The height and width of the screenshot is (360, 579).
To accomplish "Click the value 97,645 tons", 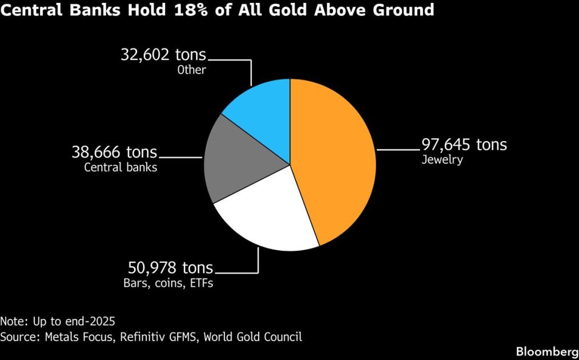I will (x=464, y=145).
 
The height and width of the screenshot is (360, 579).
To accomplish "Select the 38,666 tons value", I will (x=114, y=153).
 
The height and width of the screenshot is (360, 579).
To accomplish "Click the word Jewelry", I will (x=441, y=160).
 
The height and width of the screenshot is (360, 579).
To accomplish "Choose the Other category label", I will (x=191, y=70).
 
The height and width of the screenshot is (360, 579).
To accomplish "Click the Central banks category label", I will (x=120, y=167).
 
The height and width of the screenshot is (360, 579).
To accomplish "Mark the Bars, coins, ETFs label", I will (x=168, y=283).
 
